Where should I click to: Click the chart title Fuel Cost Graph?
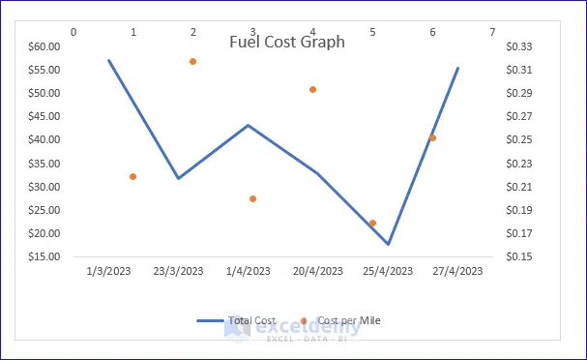tap(287, 42)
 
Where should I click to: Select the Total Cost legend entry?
tap(237, 320)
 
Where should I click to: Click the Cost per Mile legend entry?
tap(340, 320)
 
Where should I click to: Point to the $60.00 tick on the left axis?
tap(44, 46)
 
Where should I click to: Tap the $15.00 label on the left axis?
tap(44, 256)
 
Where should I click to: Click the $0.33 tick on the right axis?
tap(519, 46)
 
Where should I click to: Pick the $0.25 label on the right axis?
tap(519, 139)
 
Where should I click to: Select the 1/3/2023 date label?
tap(108, 271)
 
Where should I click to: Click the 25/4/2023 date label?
tap(388, 271)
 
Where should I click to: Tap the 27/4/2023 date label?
tap(457, 271)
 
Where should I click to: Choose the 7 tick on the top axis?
tap(492, 32)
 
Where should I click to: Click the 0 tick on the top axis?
tap(73, 32)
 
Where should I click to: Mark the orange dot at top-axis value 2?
tap(192, 61)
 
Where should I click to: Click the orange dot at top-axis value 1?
tap(132, 176)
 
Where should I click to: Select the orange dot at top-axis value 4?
tap(312, 90)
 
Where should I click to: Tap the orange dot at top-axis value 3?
tap(252, 199)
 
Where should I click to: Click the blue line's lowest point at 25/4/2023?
tap(388, 244)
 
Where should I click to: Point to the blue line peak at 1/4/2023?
tap(249, 125)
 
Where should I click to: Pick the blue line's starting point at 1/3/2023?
tap(108, 60)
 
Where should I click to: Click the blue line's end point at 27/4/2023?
tap(457, 68)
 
